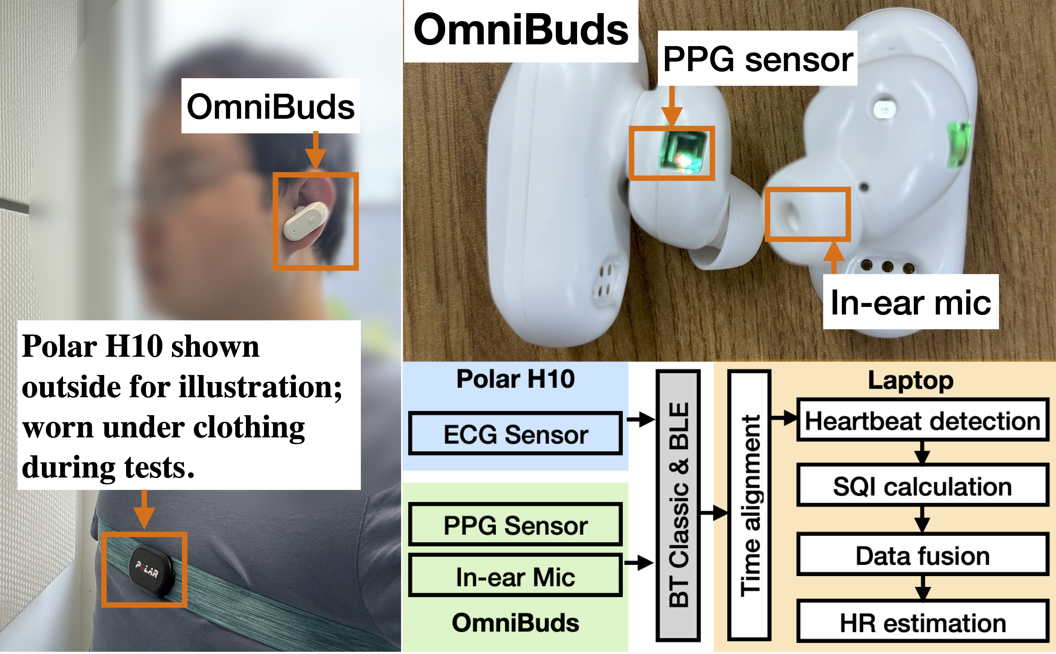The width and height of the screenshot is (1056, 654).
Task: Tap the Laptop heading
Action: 910,381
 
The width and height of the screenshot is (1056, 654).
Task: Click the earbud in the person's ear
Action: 304,220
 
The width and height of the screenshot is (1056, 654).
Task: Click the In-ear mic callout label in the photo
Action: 910,302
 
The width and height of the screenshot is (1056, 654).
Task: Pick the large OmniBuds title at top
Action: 521,30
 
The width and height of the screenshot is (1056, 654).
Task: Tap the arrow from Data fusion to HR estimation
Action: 923,587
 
